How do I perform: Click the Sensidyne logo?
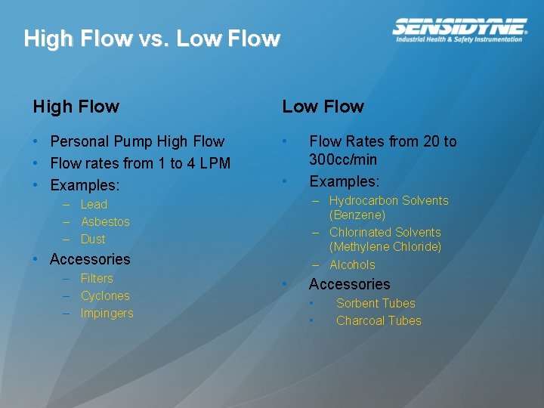[x=459, y=26]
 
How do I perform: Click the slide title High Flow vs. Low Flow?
[x=152, y=39]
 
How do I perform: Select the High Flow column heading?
[x=76, y=107]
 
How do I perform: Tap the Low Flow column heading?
[x=323, y=107]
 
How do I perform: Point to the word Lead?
[x=94, y=204]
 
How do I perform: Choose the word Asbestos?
[x=105, y=221]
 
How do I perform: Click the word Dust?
[x=93, y=239]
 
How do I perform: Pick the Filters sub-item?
[x=96, y=278]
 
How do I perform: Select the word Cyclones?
[x=105, y=295]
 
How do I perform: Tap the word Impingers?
[x=107, y=313]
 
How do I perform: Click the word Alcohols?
[x=352, y=264]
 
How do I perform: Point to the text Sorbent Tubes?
[x=376, y=303]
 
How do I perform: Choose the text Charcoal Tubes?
[x=379, y=320]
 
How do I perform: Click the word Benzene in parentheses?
[x=357, y=215]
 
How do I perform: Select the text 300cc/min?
[x=343, y=159]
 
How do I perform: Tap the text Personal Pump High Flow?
[x=137, y=141]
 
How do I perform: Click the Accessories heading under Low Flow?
[x=349, y=284]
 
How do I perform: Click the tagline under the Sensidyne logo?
[x=459, y=39]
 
